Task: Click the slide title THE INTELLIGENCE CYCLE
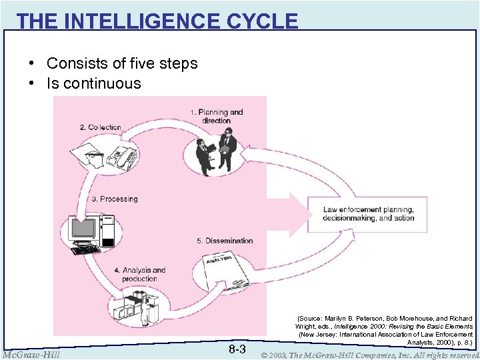[x=157, y=21]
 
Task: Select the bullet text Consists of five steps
[x=122, y=63]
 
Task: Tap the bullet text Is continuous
[x=93, y=83]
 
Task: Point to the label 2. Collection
[x=100, y=127]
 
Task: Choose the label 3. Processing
[x=115, y=199]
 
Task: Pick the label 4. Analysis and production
[x=139, y=275]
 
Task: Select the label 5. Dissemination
[x=225, y=241]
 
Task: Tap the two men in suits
[x=217, y=151]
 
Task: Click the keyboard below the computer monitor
[x=85, y=250]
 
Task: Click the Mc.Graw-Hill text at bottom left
[x=31, y=354]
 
